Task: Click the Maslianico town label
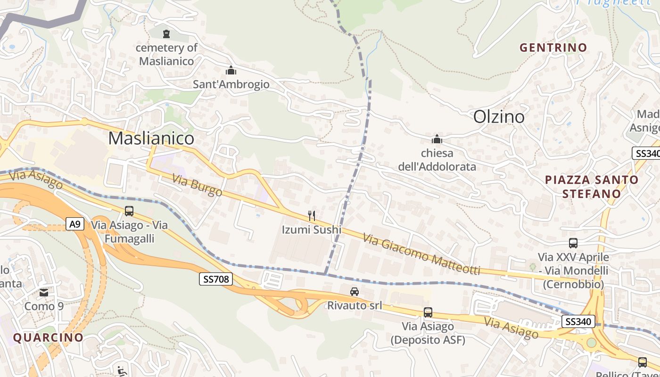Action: [151, 138]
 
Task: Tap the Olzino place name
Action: [499, 116]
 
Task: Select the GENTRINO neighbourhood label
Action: [553, 48]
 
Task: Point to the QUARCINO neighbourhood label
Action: [48, 337]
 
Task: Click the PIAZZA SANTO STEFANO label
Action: [591, 187]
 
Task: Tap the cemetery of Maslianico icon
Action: [166, 33]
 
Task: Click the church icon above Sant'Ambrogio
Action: [231, 71]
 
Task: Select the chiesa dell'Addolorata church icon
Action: [437, 139]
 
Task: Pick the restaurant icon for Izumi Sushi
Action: [311, 216]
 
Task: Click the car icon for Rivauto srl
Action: [355, 292]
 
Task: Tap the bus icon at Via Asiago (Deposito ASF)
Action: [428, 312]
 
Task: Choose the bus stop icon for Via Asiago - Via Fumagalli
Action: [129, 211]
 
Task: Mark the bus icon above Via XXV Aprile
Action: [573, 243]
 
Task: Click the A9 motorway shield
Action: [75, 224]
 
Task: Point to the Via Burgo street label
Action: [197, 185]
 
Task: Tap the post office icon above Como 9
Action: [44, 293]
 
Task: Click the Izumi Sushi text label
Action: [311, 230]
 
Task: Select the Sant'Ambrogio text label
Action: [231, 84]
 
